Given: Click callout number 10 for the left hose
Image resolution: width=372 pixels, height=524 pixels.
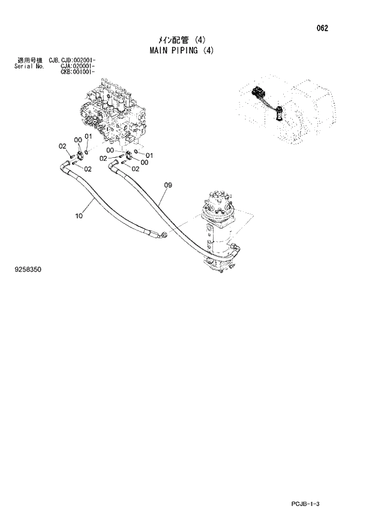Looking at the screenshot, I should [79, 217].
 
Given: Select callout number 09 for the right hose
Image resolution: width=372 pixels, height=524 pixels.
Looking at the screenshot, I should [169, 185].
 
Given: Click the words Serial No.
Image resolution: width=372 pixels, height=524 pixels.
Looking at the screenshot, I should [28, 67].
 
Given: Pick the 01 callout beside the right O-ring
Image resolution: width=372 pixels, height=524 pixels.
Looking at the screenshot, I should [149, 155].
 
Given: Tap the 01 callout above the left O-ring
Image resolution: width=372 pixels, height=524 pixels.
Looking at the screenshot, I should [88, 136].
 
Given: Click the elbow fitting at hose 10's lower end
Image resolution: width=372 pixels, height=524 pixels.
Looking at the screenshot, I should [160, 236].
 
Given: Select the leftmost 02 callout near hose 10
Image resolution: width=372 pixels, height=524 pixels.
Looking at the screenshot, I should [62, 146].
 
